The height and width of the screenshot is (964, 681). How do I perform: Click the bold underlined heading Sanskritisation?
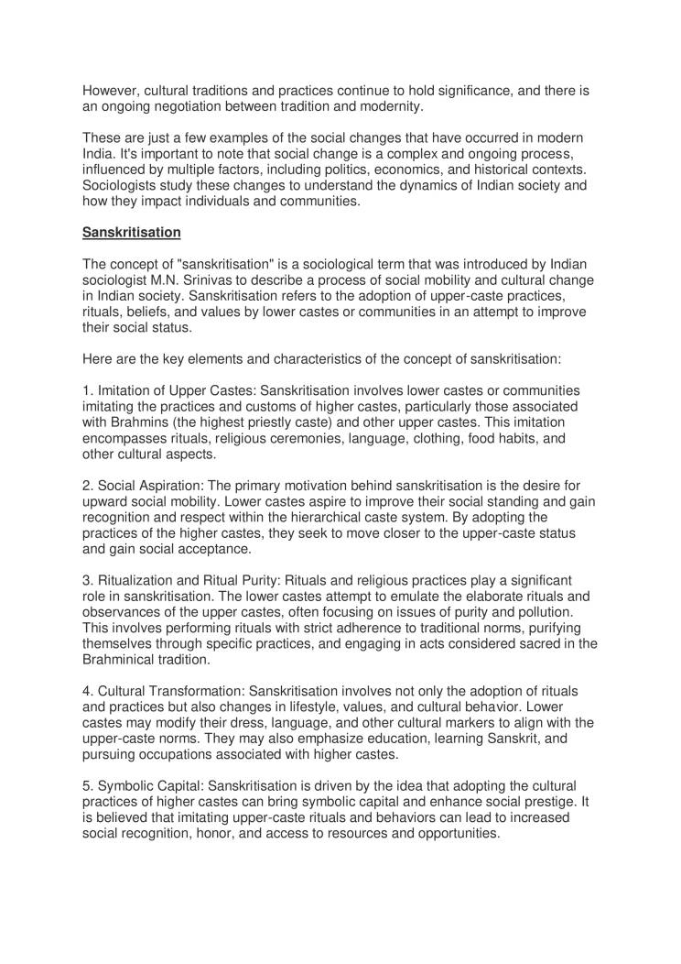tap(131, 233)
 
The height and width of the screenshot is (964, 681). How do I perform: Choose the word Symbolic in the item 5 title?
tap(128, 792)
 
